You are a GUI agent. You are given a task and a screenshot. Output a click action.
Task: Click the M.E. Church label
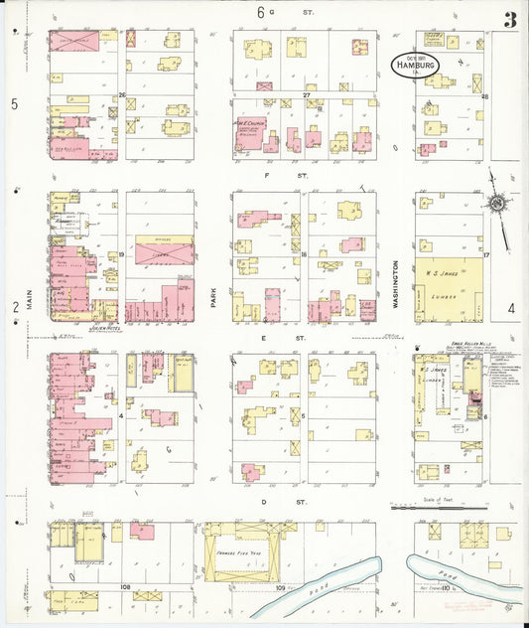coord(246,125)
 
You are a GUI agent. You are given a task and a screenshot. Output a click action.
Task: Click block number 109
coord(281,588)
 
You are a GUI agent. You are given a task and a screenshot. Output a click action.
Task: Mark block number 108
coord(126,587)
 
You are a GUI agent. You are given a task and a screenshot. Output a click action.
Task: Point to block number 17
coord(486,256)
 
